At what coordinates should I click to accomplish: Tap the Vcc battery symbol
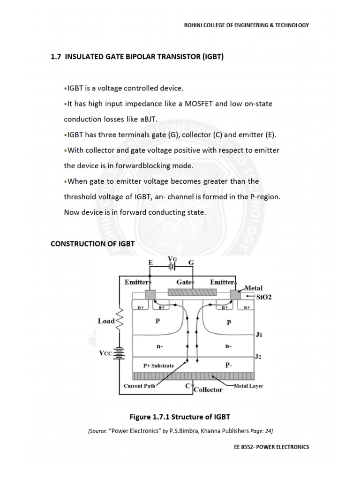point(121,352)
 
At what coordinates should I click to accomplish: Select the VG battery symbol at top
point(172,266)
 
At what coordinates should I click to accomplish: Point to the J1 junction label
point(258,335)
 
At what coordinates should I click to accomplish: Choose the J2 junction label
point(258,357)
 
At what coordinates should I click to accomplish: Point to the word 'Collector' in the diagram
point(208,390)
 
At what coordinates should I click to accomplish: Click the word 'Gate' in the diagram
point(183,282)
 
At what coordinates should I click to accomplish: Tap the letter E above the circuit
point(150,263)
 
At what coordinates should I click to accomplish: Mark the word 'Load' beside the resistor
point(106,321)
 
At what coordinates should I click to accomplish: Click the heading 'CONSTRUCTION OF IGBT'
point(93,244)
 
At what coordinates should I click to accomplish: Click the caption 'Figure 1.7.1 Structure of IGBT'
point(180,417)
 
